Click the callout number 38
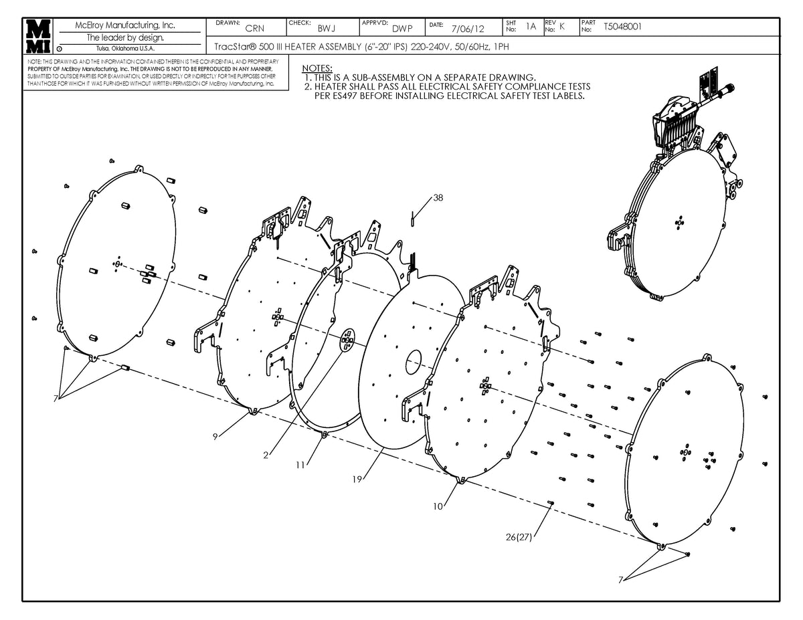pos(438,198)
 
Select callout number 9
pos(215,436)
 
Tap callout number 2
pos(266,455)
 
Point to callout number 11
pos(300,464)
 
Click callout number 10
pos(438,506)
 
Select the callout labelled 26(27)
pos(519,537)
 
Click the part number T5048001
pos(622,27)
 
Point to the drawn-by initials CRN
pos(254,28)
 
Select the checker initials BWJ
pos(327,28)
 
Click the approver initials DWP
pos(402,28)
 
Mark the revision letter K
pos(562,27)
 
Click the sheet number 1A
pos(531,27)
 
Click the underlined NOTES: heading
pos(317,68)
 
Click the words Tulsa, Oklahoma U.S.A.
pos(126,48)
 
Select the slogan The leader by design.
pos(126,37)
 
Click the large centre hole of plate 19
pos(414,362)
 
